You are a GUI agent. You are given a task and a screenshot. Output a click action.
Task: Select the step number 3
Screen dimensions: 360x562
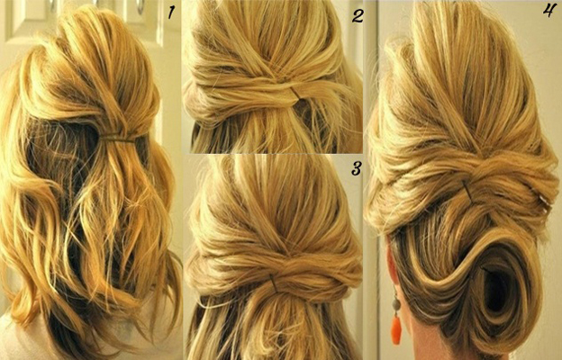(x=356, y=168)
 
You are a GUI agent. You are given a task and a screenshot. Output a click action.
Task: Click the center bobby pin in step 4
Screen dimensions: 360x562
(x=467, y=188)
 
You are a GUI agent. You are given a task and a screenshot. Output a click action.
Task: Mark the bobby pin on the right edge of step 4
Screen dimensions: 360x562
(x=543, y=200)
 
